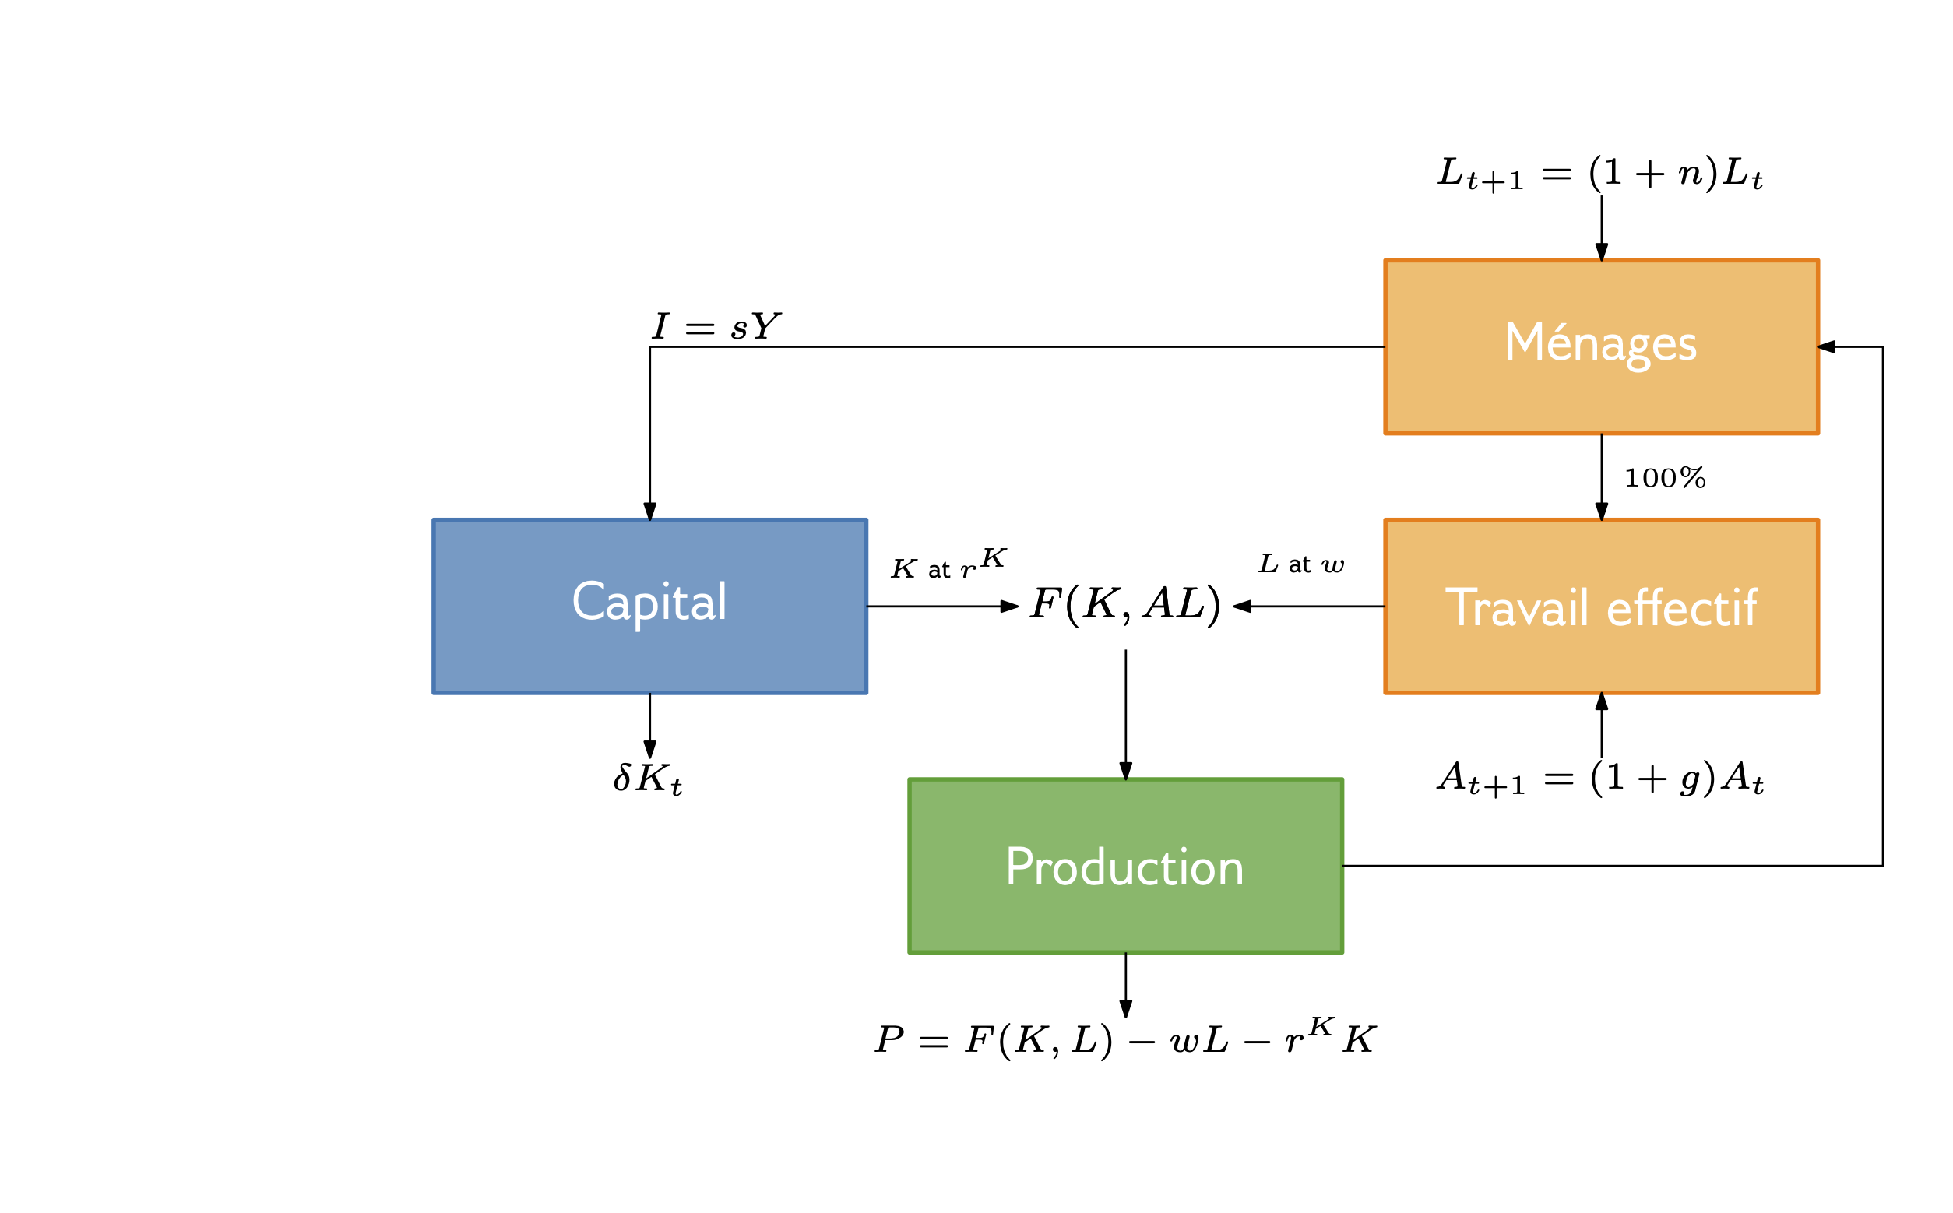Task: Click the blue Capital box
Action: click(x=649, y=606)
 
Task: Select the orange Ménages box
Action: click(x=1601, y=346)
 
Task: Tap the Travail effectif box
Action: click(x=1601, y=606)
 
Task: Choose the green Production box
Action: click(x=1125, y=867)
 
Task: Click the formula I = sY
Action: click(x=716, y=326)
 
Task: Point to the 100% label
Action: click(x=1664, y=478)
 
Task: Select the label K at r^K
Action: click(x=948, y=564)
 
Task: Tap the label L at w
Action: click(x=1300, y=564)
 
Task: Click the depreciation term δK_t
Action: click(x=648, y=779)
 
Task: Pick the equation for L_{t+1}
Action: click(x=1600, y=174)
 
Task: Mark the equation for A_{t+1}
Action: click(x=1600, y=779)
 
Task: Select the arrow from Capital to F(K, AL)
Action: click(x=942, y=606)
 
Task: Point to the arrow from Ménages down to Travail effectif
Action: click(x=1602, y=476)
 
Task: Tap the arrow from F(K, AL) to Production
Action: click(x=1126, y=714)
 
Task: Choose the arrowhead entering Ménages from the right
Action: click(x=1827, y=346)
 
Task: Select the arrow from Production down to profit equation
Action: click(x=1126, y=985)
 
